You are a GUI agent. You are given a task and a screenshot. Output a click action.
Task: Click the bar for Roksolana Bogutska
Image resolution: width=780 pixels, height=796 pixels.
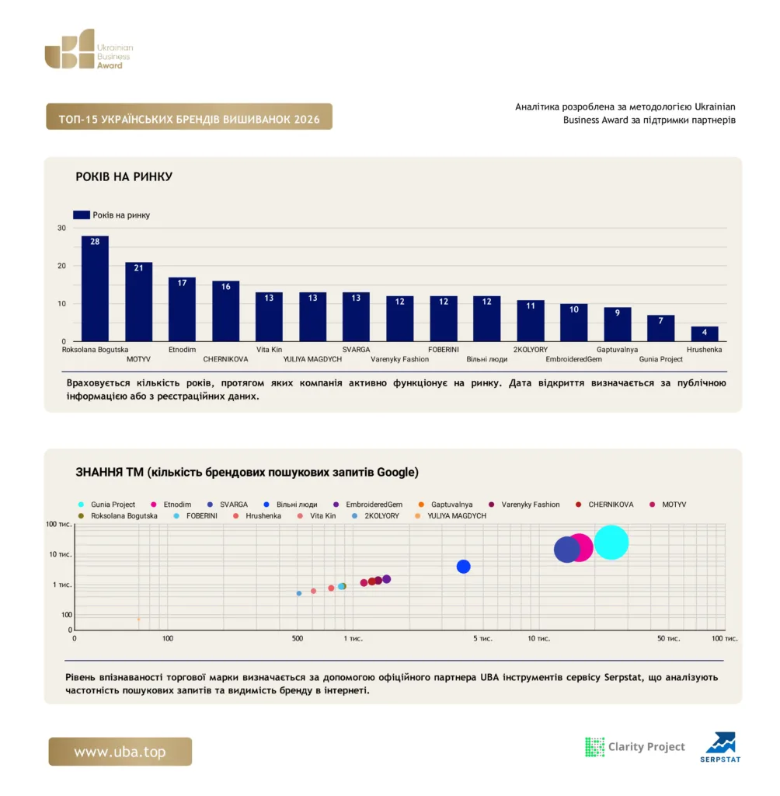(x=95, y=288)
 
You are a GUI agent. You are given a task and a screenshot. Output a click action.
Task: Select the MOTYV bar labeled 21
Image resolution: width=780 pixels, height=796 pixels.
(x=138, y=302)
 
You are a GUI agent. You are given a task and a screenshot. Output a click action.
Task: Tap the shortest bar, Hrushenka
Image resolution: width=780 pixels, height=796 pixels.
(x=705, y=333)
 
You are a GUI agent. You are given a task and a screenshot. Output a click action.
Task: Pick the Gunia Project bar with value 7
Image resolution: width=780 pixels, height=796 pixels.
(x=660, y=328)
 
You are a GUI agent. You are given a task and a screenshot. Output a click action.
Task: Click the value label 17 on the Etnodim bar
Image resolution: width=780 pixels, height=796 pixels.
(x=183, y=283)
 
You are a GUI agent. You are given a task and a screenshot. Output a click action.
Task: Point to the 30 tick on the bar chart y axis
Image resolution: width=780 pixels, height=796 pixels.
(x=62, y=228)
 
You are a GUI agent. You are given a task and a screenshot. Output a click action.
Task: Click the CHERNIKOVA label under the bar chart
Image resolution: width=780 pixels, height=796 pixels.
(x=225, y=359)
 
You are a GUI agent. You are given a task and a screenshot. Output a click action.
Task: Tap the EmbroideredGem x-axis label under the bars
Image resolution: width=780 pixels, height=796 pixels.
(x=573, y=359)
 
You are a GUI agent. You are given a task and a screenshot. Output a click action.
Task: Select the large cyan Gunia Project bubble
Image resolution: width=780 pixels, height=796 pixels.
(x=611, y=542)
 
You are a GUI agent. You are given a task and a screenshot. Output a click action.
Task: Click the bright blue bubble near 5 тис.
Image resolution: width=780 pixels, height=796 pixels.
(x=463, y=567)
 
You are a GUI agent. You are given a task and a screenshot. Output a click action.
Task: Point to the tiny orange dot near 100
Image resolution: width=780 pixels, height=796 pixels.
(x=138, y=620)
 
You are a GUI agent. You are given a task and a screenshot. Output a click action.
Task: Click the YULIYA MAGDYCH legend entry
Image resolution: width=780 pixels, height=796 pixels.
(x=451, y=516)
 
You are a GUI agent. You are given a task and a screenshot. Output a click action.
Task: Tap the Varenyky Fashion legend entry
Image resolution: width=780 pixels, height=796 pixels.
(x=524, y=504)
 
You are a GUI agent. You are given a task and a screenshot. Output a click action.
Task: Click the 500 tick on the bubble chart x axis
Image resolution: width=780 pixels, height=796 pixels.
(x=298, y=639)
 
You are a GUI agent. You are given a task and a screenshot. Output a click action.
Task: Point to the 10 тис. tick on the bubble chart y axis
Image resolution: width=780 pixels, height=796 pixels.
(x=61, y=554)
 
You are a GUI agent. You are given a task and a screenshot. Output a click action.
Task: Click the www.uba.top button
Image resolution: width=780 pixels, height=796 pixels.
(x=120, y=752)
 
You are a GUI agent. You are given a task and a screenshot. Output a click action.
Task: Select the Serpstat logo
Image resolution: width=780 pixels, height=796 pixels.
(x=720, y=747)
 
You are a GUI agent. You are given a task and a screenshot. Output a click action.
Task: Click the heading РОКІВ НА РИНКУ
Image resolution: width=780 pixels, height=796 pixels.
(x=124, y=176)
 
